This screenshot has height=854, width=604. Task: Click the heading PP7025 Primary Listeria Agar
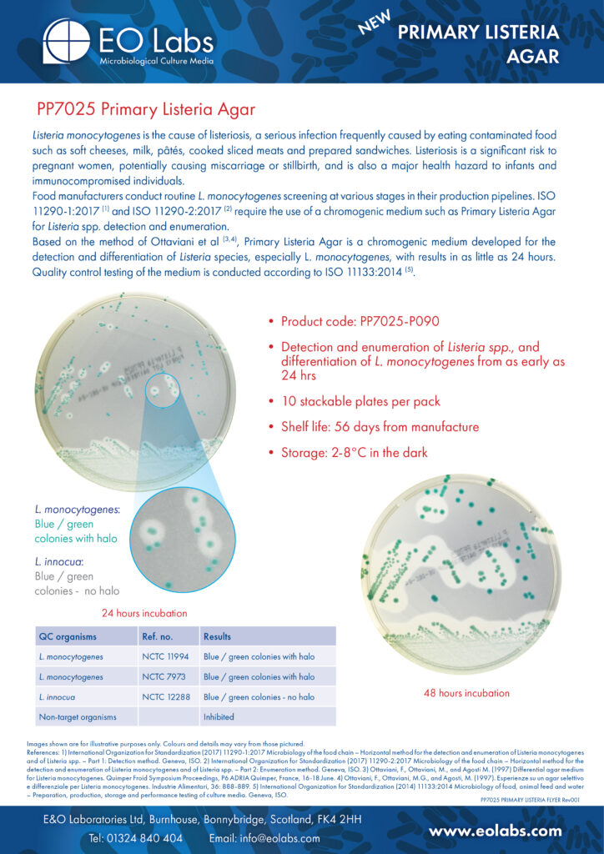click(x=145, y=109)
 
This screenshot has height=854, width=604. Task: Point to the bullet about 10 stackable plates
click(x=360, y=401)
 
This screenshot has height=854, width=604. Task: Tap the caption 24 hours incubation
click(x=144, y=613)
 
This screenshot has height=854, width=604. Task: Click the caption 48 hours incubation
click(x=466, y=693)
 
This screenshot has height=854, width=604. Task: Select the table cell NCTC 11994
click(x=164, y=657)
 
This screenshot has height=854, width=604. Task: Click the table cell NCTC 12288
click(x=164, y=696)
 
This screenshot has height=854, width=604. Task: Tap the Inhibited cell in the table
click(x=219, y=716)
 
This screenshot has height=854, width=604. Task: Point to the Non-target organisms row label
click(x=78, y=716)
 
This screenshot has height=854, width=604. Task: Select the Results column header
click(x=217, y=636)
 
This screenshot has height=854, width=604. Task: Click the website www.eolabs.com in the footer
click(x=496, y=831)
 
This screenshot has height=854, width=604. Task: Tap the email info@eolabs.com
click(x=264, y=837)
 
